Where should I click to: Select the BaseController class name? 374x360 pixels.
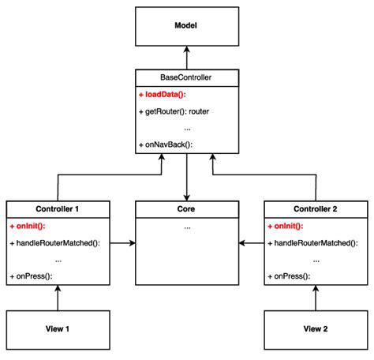(186, 78)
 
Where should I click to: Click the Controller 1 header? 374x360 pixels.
(58, 210)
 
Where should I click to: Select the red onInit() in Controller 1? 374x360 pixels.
(28, 226)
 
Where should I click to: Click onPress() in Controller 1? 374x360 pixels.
(31, 276)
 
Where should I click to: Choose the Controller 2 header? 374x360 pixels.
(316, 210)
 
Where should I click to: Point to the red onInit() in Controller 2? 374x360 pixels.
(286, 226)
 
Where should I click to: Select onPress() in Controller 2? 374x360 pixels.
(289, 276)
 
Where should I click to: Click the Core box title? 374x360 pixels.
(186, 210)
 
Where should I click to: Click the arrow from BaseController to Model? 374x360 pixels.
(187, 58)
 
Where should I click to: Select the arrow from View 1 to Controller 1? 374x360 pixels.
(58, 298)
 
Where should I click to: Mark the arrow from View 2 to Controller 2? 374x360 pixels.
(316, 298)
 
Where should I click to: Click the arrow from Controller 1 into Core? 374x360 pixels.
(122, 244)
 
